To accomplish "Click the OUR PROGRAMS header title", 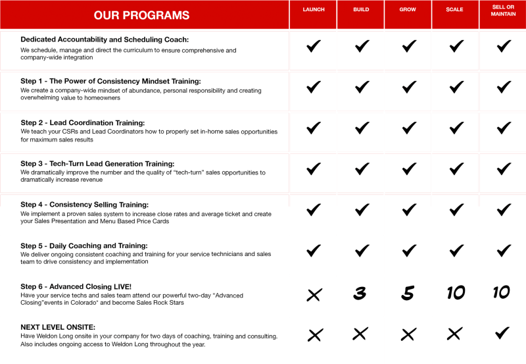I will (141, 15).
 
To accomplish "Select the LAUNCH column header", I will (314, 10).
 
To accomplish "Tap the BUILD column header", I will (361, 10).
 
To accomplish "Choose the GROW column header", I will (408, 10).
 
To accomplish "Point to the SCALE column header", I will (454, 10).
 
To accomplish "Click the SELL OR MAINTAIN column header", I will (503, 10).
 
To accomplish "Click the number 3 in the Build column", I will (359, 294).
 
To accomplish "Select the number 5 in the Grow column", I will (408, 294).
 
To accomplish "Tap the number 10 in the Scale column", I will (455, 293).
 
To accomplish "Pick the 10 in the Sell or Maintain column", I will (502, 292).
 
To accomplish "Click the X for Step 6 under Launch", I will (314, 295).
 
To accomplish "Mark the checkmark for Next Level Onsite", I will (503, 333).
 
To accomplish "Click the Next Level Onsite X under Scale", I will (454, 334).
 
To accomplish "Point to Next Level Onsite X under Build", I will (360, 334).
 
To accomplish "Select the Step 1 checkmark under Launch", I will (314, 87).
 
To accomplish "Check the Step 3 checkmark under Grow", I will (409, 169).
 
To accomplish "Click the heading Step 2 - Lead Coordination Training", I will (82, 123).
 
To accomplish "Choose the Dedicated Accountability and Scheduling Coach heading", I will (105, 40).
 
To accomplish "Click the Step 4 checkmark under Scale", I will (456, 210).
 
